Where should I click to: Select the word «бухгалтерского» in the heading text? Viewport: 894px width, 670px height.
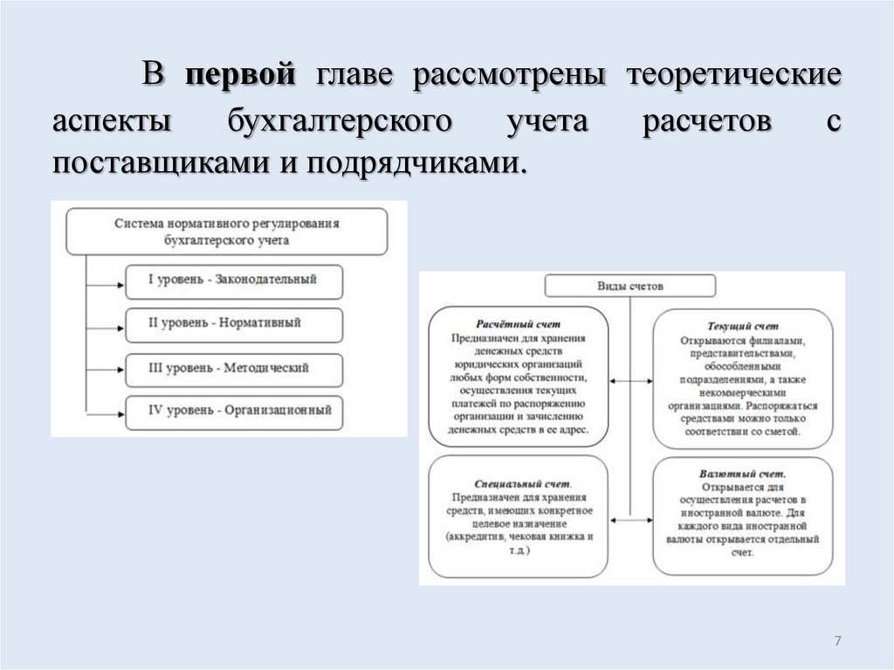(x=340, y=121)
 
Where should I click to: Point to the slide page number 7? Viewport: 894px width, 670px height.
(x=837, y=642)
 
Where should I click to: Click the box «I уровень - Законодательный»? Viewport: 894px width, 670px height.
(x=233, y=280)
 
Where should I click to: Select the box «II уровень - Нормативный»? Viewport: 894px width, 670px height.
(x=233, y=324)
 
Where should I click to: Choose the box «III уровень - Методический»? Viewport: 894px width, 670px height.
(x=233, y=368)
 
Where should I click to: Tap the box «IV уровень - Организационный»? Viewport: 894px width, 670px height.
(x=233, y=411)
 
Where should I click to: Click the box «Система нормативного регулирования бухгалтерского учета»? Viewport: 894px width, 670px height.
(x=227, y=231)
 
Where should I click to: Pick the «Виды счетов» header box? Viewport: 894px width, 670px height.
(x=629, y=286)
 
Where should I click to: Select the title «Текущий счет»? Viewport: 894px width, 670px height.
(x=743, y=326)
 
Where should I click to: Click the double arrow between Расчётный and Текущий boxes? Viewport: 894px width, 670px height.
(x=629, y=381)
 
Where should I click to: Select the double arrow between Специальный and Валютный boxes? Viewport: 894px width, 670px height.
(x=629, y=521)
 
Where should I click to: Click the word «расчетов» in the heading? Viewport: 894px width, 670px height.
(x=707, y=121)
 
